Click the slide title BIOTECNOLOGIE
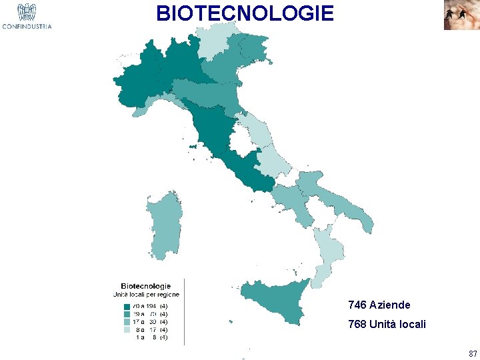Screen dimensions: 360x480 coord(245,13)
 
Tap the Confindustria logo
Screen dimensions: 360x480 coord(27,16)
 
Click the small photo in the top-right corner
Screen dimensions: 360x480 coord(461,15)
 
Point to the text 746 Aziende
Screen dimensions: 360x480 coord(379,305)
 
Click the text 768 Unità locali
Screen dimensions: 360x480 coord(387,325)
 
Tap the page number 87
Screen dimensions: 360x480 coord(473,353)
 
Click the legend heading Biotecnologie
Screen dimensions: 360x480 coord(145,287)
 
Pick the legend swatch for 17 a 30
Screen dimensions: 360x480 coord(127,322)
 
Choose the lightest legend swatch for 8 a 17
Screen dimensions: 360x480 coord(127,329)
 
